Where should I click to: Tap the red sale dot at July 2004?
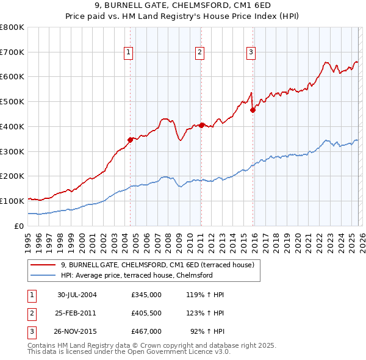tap(130, 139)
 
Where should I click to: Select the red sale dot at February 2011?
tap(201, 124)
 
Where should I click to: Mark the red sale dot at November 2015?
tap(253, 110)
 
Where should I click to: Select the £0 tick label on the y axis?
tap(18, 226)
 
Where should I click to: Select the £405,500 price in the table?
tap(146, 312)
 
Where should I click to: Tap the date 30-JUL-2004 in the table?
tap(77, 295)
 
